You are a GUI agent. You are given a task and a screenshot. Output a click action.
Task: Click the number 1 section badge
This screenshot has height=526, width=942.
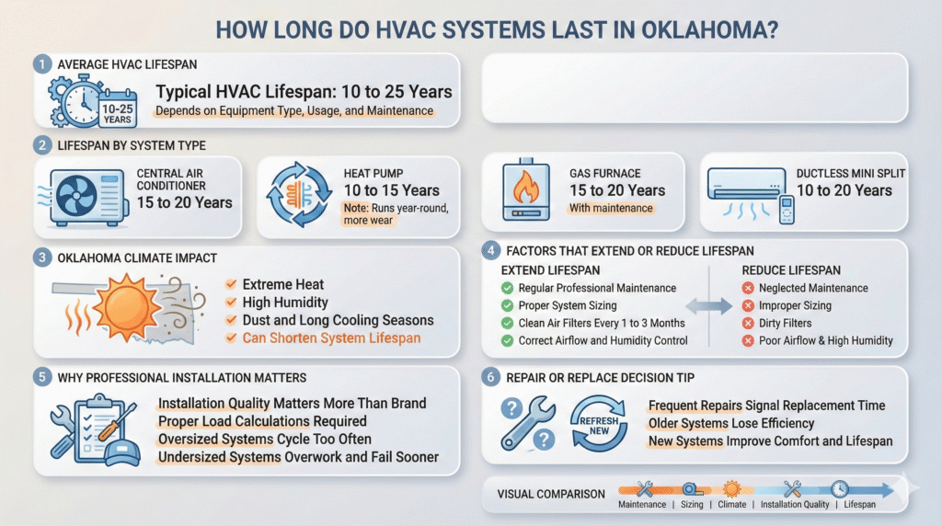pos(42,64)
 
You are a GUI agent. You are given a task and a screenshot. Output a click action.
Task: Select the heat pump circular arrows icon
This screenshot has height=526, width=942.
pos(293,196)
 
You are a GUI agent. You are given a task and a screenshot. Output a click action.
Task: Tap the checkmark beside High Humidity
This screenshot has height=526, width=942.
pos(230,303)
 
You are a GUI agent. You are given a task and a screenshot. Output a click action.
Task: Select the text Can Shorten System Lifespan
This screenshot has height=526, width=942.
pos(331,337)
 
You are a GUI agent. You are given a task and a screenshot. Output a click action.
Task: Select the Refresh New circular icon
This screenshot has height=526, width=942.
pos(600,422)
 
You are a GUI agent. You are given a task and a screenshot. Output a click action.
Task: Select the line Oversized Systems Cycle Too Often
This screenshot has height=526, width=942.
pos(264,439)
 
